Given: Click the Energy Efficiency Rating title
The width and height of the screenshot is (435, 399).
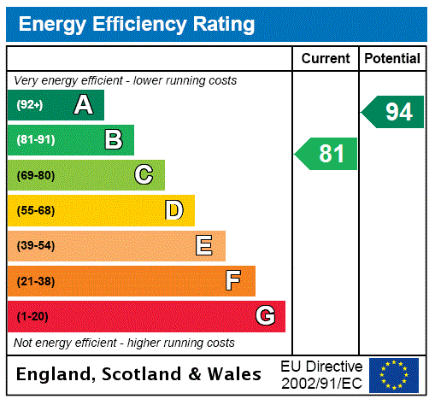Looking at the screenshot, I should pos(137,24).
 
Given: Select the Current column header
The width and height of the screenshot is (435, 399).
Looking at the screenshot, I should pos(326,59).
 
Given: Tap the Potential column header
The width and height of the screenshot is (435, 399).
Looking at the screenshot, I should pos(392,59).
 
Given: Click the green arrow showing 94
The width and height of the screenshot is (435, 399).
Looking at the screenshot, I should pos(394,112).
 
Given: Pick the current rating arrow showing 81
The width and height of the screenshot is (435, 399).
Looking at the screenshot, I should pos(328,154).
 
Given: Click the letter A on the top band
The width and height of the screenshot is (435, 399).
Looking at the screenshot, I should pos(83,105).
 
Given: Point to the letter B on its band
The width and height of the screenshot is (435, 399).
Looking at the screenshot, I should pos(113,140).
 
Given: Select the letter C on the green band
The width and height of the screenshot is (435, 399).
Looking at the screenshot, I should pos(144,175).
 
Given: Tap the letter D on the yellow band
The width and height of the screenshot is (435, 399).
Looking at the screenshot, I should pos(173,210).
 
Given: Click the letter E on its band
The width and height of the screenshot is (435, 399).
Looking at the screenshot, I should pos(204,246).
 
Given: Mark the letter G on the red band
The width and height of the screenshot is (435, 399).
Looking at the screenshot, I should pos(265,316).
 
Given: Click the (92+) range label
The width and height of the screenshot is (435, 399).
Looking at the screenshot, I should pos(29,105).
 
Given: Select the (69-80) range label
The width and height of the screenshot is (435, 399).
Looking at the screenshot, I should pos(36,175).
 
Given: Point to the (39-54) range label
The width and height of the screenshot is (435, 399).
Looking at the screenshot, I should pos(36,246).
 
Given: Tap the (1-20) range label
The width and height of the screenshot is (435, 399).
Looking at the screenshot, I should pos(32,317).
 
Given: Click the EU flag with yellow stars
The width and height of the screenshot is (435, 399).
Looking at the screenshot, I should pos(394,374).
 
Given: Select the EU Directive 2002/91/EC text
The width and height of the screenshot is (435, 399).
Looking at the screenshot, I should pos(321,374).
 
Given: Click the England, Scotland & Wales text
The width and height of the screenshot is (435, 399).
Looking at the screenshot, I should pos(139,374).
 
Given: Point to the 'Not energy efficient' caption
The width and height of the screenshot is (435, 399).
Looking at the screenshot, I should pos(124,343).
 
